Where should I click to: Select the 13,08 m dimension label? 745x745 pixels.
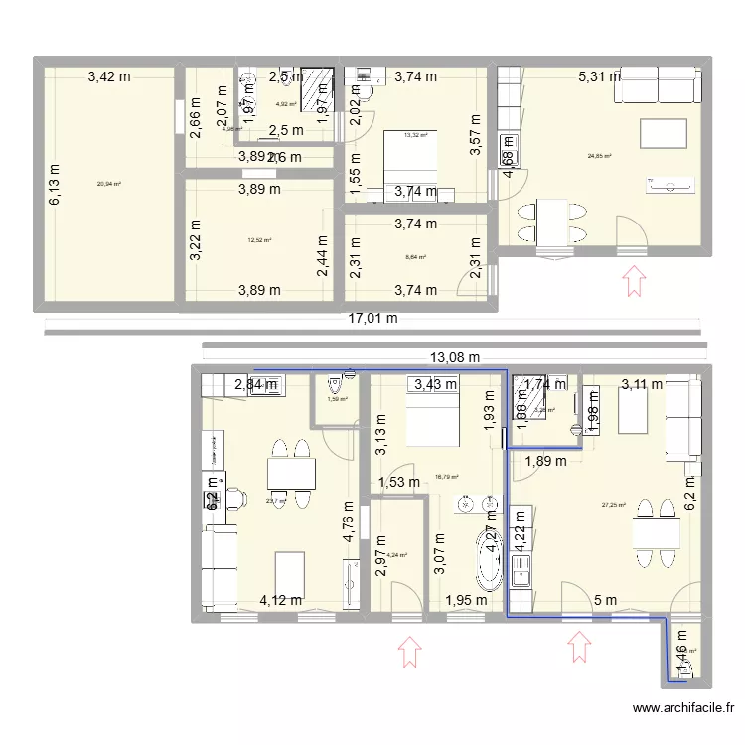[456, 357]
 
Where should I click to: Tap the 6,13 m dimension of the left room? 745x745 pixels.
[54, 185]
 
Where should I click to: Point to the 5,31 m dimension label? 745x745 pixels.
[600, 74]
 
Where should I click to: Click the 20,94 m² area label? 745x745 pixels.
[105, 183]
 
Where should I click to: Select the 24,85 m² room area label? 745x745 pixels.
[599, 156]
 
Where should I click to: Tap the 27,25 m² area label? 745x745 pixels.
[613, 505]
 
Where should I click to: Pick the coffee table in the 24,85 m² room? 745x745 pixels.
[663, 134]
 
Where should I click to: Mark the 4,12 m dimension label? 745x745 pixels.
[283, 600]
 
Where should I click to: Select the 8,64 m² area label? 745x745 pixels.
[415, 257]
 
